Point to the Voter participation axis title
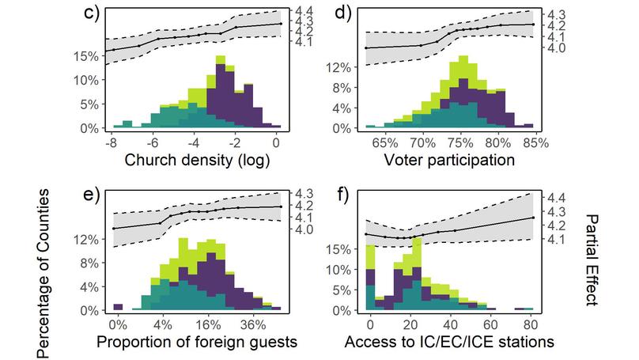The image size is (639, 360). click(x=450, y=161)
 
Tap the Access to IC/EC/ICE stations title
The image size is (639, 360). click(x=450, y=343)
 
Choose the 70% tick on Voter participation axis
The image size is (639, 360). click(x=422, y=143)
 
